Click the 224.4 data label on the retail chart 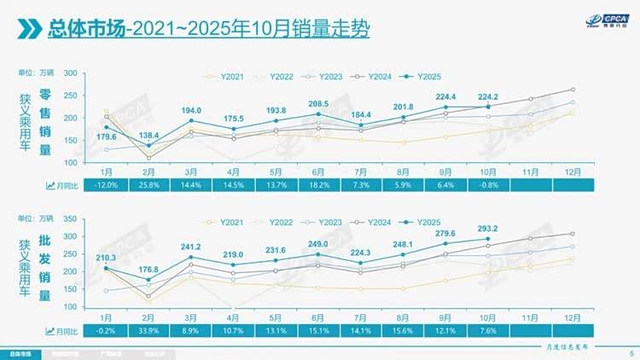click(446, 96)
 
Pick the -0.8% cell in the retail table click(488, 185)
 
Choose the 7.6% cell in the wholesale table click(488, 330)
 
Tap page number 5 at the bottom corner click(631, 352)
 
